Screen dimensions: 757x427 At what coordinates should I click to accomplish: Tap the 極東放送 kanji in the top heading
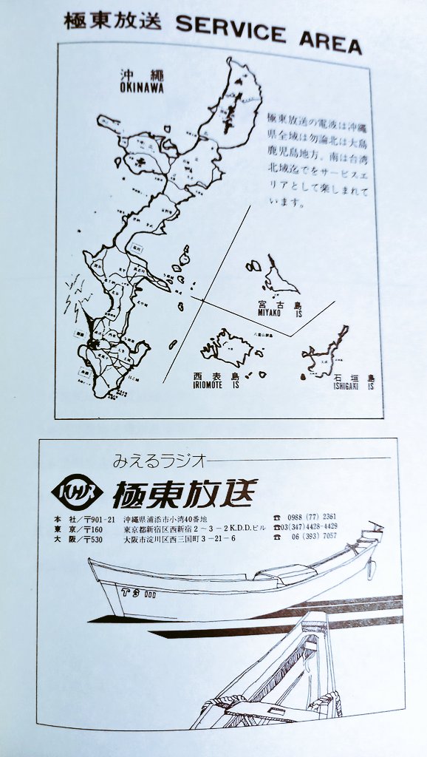tap(112, 21)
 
